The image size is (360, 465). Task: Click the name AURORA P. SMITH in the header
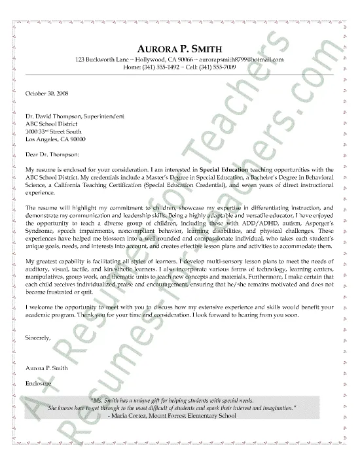[x=179, y=48]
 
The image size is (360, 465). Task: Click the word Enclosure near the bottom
[x=40, y=383]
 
